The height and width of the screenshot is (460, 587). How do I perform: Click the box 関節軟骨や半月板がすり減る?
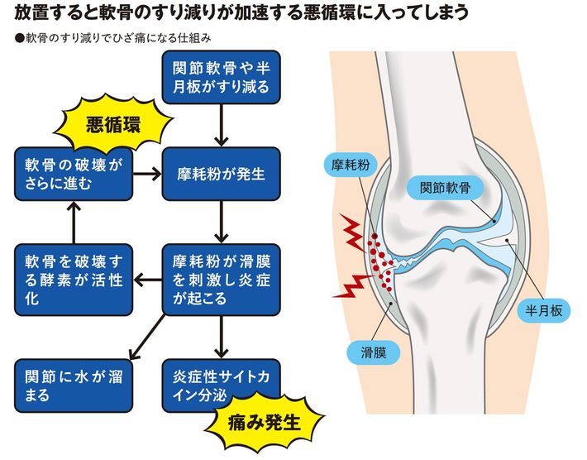(221, 78)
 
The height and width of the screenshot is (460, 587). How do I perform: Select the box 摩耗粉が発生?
(221, 175)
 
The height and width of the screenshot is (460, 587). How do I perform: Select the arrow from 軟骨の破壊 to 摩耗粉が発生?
(147, 175)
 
